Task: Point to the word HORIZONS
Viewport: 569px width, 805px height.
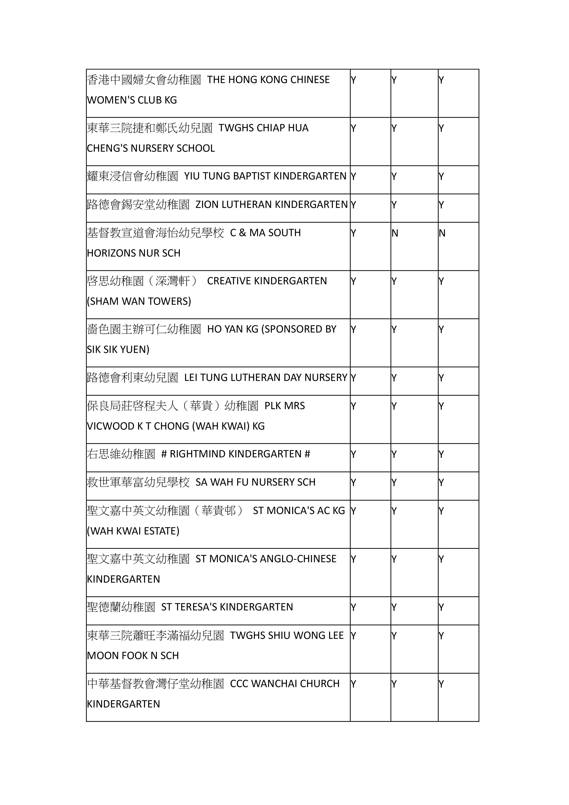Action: click(109, 253)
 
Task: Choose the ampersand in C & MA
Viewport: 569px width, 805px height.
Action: click(242, 233)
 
